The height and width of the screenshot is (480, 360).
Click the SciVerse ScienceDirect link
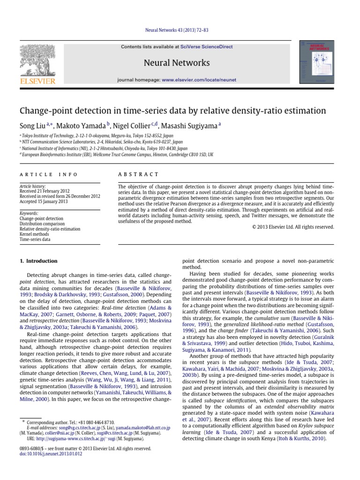tap(204, 47)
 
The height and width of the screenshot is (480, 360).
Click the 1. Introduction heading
tap(38, 261)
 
